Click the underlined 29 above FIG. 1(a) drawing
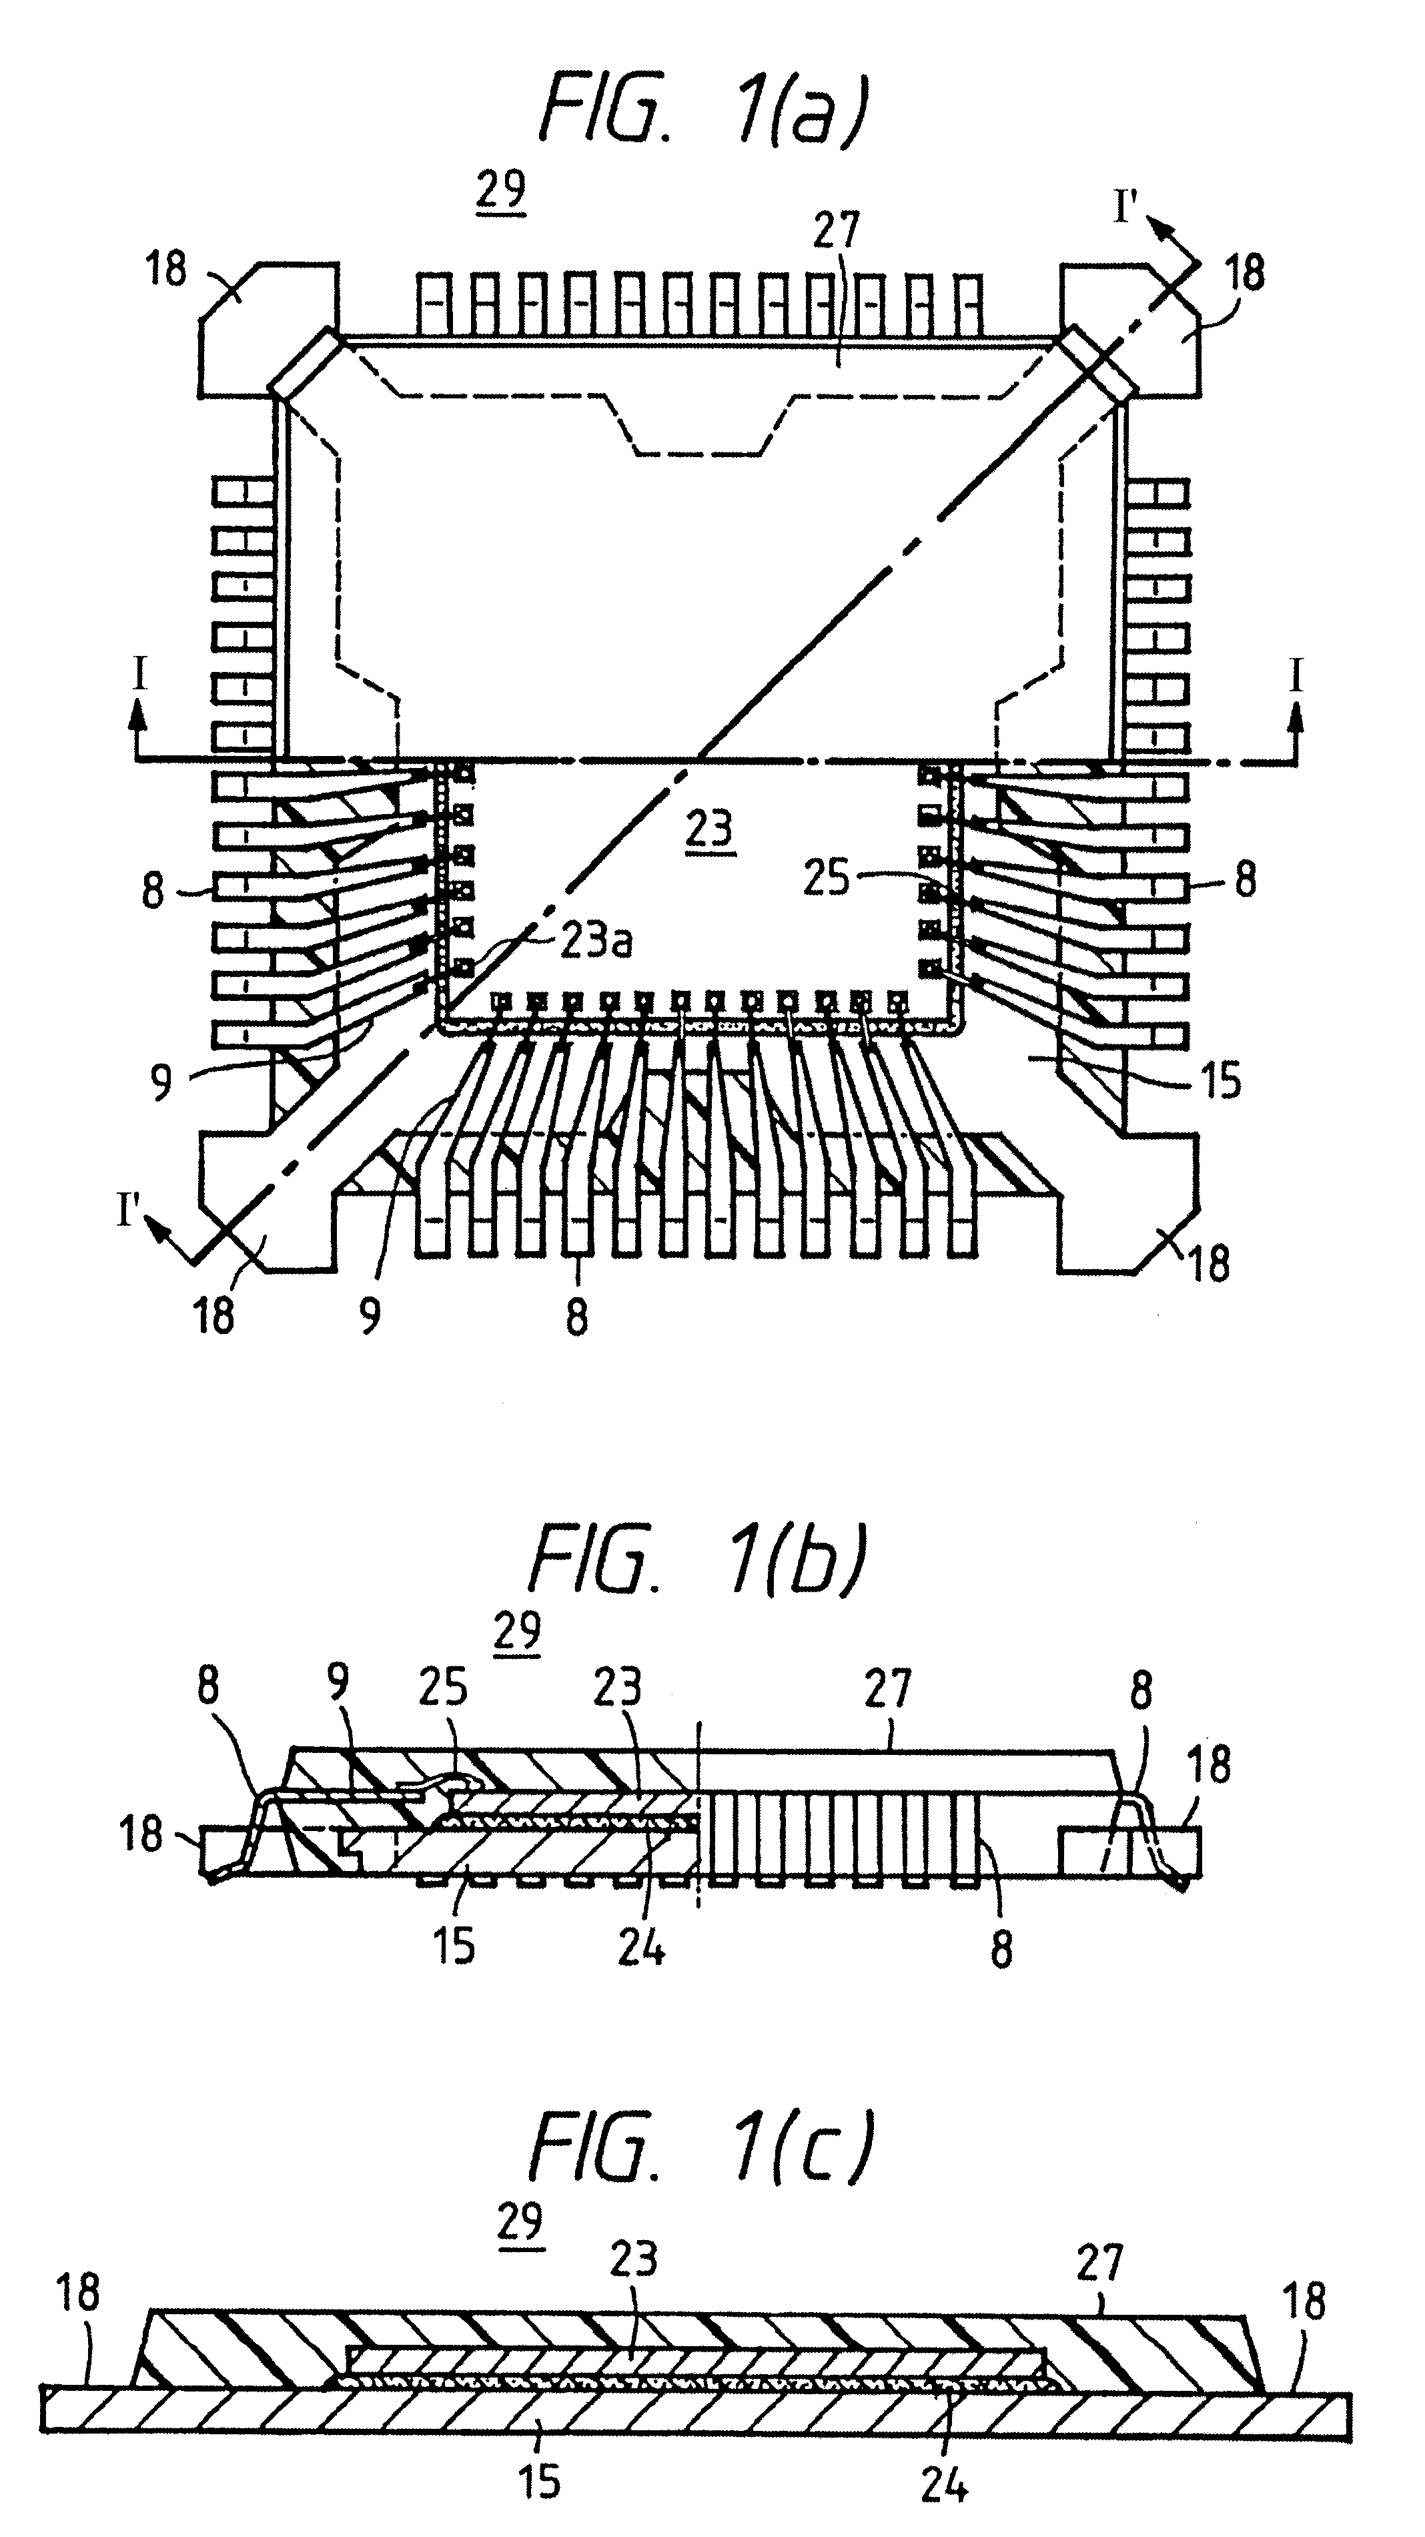(500, 191)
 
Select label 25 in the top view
(825, 875)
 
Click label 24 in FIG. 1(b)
(641, 1948)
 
